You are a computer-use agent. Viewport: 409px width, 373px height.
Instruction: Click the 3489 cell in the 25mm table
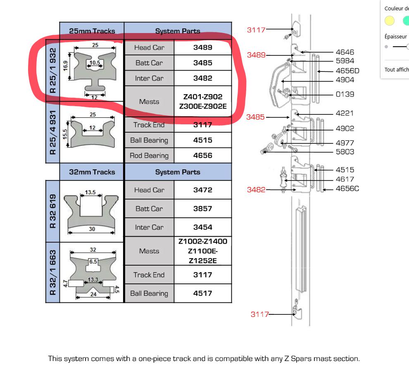click(x=203, y=48)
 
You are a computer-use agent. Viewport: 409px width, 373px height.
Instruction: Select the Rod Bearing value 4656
click(x=203, y=155)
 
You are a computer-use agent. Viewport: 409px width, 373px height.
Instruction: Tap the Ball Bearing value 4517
click(x=203, y=293)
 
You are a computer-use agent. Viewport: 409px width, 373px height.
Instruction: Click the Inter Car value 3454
click(x=203, y=227)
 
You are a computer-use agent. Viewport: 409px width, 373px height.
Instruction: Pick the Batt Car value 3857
click(x=203, y=209)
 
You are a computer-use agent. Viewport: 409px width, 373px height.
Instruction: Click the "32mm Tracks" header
click(x=92, y=172)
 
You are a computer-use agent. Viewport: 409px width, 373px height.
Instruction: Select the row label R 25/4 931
click(x=53, y=133)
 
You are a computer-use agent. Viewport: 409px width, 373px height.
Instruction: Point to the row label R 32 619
click(x=53, y=211)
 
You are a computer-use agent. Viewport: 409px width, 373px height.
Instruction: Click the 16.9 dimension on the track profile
click(x=65, y=66)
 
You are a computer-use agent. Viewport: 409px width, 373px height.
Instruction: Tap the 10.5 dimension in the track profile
click(x=95, y=63)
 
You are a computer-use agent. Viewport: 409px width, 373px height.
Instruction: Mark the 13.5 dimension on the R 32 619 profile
click(x=90, y=192)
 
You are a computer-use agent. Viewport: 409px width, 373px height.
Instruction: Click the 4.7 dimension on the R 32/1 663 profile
click(x=65, y=283)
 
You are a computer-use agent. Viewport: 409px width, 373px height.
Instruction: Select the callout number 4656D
click(x=347, y=71)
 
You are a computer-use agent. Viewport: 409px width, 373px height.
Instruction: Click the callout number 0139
click(x=345, y=94)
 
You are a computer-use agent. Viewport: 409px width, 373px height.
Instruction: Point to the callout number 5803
click(x=345, y=152)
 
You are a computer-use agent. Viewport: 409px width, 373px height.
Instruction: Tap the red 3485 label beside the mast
click(x=255, y=117)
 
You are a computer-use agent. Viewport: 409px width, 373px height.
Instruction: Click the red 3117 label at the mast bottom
click(x=259, y=314)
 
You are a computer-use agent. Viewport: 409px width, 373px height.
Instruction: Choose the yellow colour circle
click(x=390, y=21)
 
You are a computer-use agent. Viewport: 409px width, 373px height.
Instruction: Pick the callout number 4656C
click(x=347, y=189)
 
